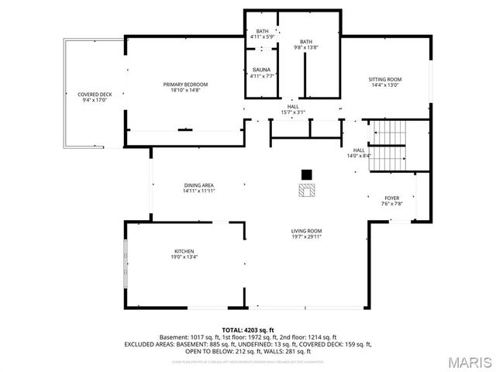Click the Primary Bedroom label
[185, 84]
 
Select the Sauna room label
[261, 70]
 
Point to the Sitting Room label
[384, 79]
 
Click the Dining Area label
[198, 185]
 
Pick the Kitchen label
[183, 251]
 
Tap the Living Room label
[306, 231]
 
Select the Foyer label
[392, 198]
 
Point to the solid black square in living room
[306, 174]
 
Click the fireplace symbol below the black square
[306, 190]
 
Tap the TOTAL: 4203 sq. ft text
[248, 329]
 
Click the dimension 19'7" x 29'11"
[306, 237]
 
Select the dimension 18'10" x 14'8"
[185, 91]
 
